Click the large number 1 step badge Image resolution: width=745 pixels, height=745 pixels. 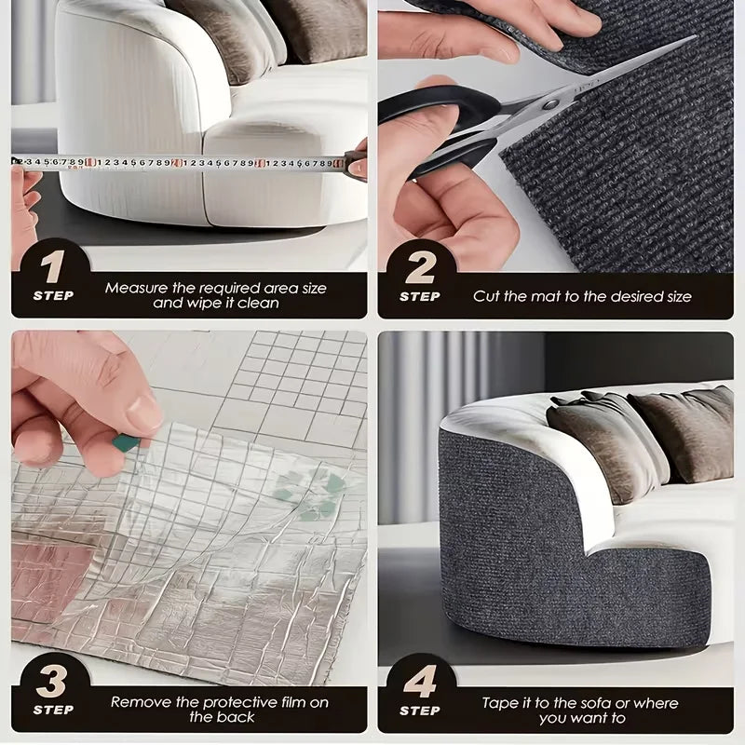click(52, 266)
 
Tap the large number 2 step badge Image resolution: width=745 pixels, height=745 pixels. click(421, 267)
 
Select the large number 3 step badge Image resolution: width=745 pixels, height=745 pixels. click(51, 682)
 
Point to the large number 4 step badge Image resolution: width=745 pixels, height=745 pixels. click(421, 682)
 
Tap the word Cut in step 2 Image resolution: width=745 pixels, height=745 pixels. click(486, 296)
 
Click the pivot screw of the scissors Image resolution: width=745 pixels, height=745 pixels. click(550, 104)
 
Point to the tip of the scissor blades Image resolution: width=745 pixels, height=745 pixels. click(696, 36)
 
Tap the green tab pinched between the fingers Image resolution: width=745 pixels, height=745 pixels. click(126, 443)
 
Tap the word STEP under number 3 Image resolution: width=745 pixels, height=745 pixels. click(53, 710)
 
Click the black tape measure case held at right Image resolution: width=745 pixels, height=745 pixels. click(356, 165)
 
